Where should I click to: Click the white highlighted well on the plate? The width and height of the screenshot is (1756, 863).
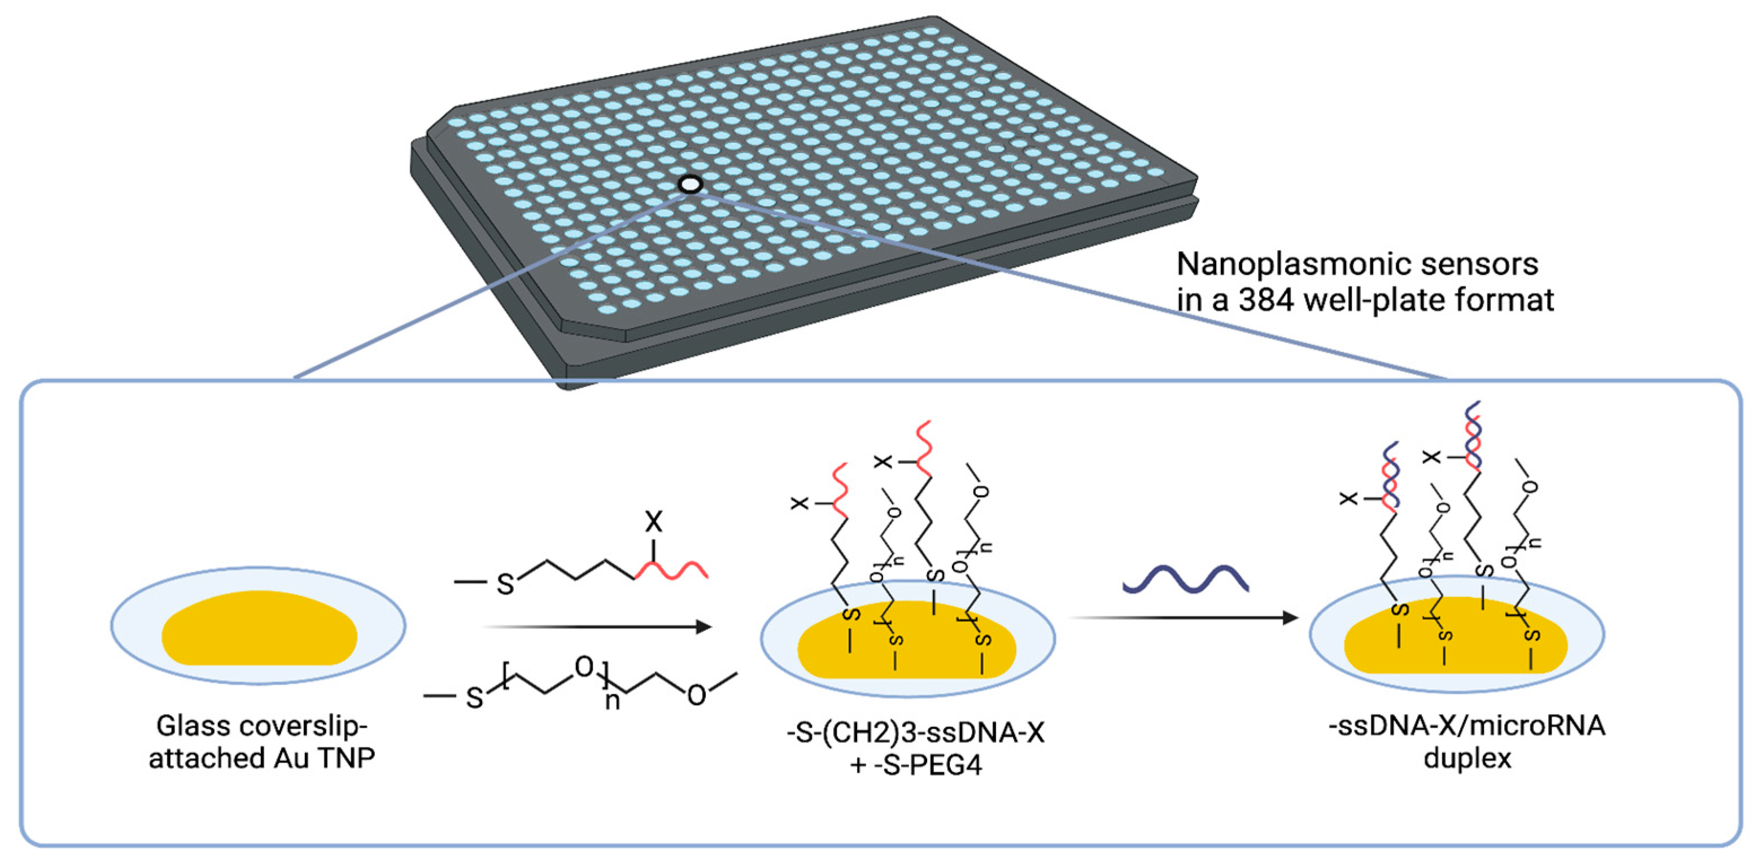tap(690, 184)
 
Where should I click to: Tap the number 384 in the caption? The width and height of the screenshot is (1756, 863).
tap(1265, 300)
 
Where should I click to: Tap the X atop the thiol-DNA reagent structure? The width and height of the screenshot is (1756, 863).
tap(653, 523)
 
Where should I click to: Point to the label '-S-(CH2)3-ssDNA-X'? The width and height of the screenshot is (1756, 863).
tap(915, 734)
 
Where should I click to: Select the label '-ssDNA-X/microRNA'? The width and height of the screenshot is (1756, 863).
tap(1467, 726)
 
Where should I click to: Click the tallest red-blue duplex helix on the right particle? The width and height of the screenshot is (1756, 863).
tap(1473, 436)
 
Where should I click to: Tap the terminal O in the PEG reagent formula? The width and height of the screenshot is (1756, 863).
tap(697, 696)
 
